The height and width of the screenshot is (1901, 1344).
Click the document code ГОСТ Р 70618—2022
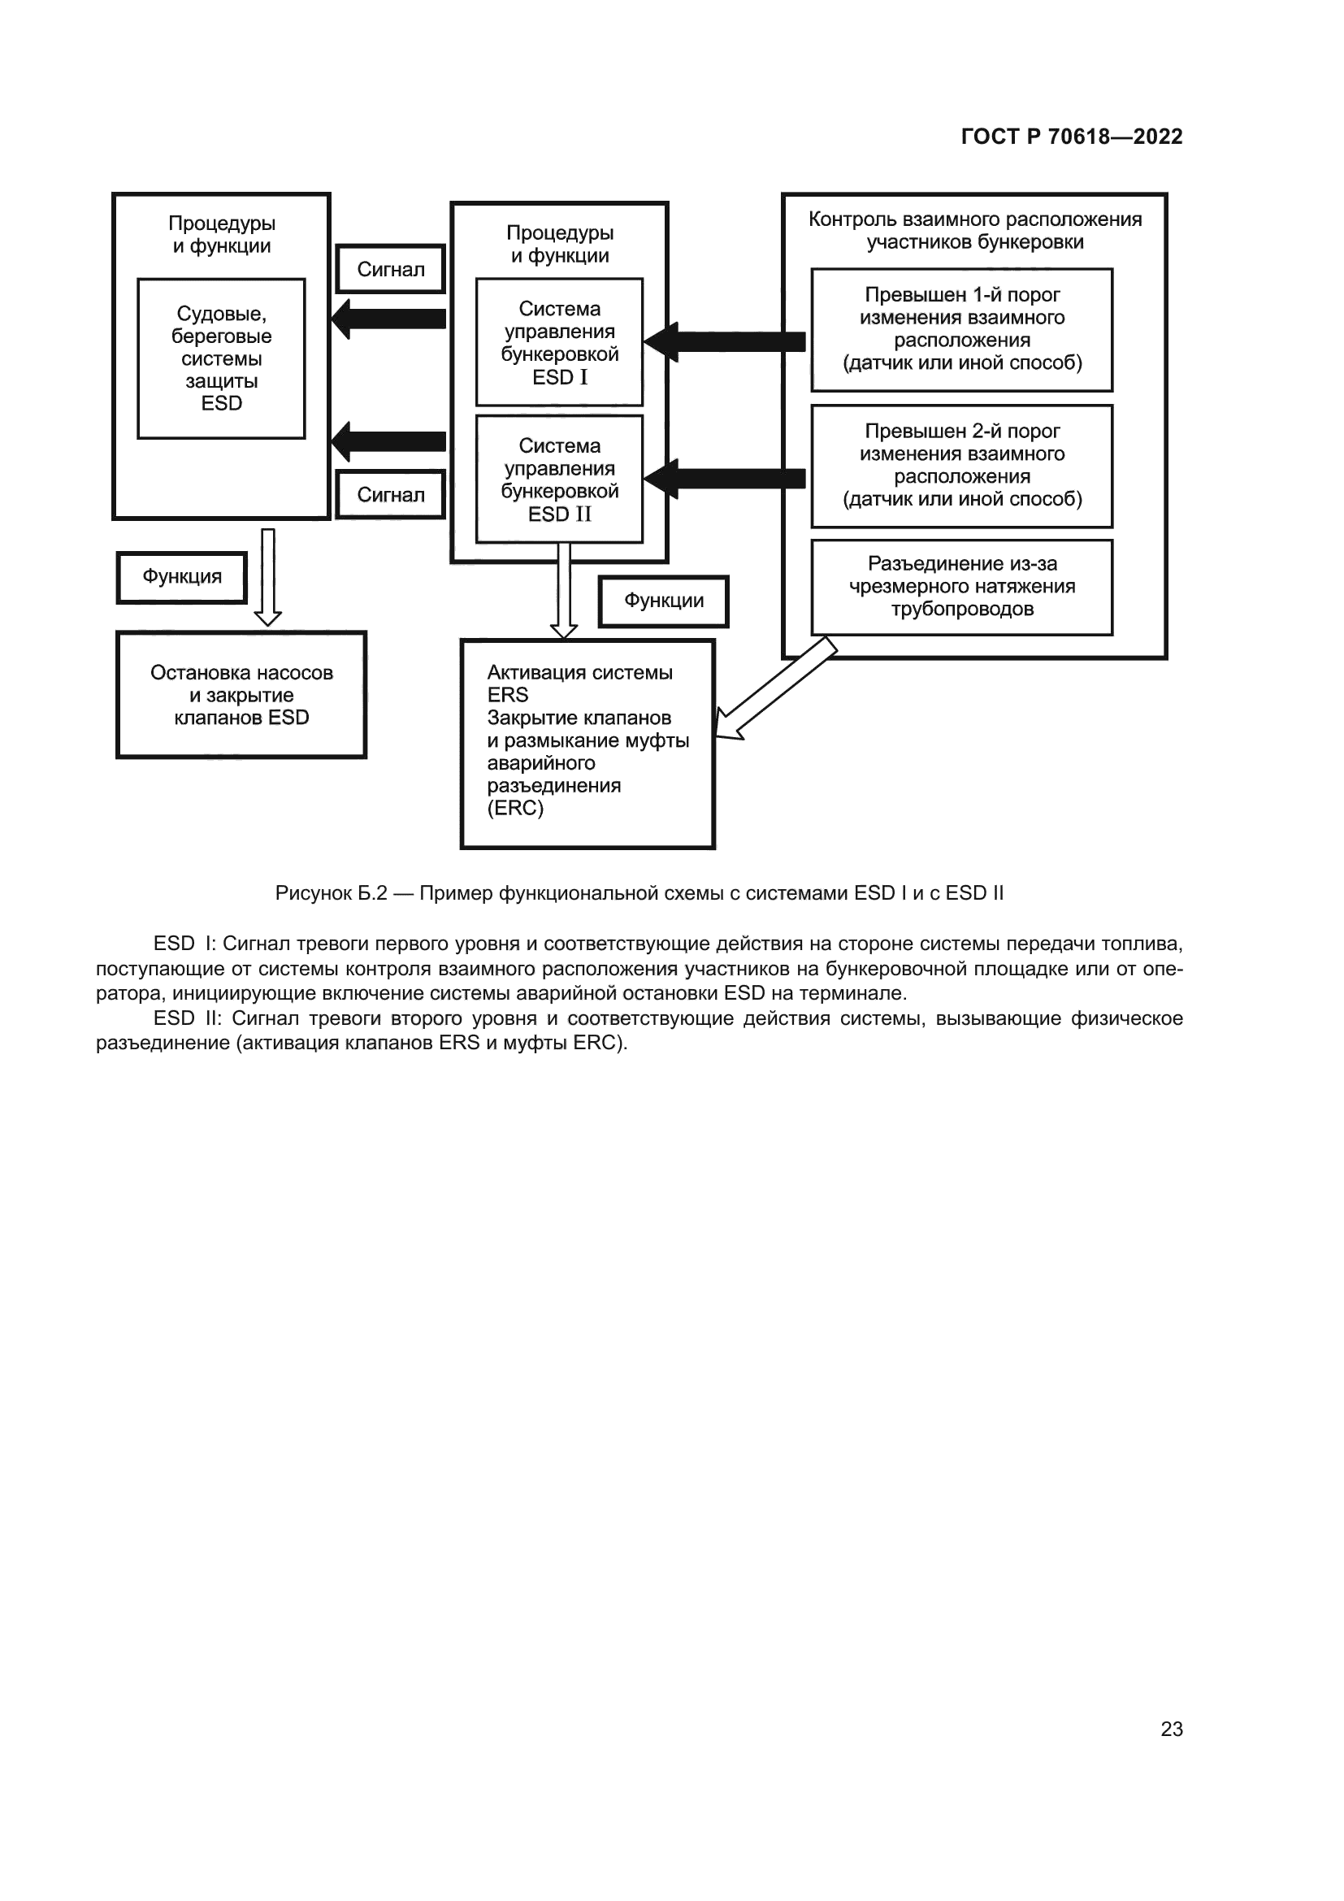tap(1071, 137)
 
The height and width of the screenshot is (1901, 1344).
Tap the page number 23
tap(1171, 1729)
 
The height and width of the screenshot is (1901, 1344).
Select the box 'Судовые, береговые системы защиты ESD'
tap(221, 358)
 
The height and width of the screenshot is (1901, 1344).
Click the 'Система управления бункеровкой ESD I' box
tap(559, 342)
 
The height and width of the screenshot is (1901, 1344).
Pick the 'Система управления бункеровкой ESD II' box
tap(559, 480)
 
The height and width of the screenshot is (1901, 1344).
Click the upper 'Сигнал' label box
tap(391, 269)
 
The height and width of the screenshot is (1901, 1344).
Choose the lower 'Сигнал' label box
tap(391, 494)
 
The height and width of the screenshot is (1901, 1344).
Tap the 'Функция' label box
tap(182, 576)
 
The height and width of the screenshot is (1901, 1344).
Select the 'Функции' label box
tap(664, 601)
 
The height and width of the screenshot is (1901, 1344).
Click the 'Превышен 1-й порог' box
tap(961, 329)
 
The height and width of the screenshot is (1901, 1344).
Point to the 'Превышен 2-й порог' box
tap(961, 466)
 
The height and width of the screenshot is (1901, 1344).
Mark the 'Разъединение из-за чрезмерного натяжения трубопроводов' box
tap(961, 587)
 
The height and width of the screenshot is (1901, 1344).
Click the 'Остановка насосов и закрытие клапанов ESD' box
tap(241, 695)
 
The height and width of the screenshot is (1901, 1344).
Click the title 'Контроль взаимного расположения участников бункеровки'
tap(975, 230)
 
